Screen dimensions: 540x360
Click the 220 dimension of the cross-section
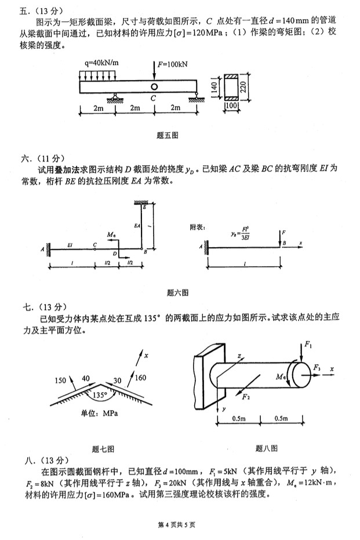pyautogui.click(x=243, y=86)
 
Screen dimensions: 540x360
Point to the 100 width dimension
pyautogui.click(x=231, y=106)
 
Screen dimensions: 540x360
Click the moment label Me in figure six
pyautogui.click(x=111, y=235)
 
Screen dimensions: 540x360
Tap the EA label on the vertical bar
pyautogui.click(x=137, y=224)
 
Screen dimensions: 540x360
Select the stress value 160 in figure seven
pyautogui.click(x=140, y=378)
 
